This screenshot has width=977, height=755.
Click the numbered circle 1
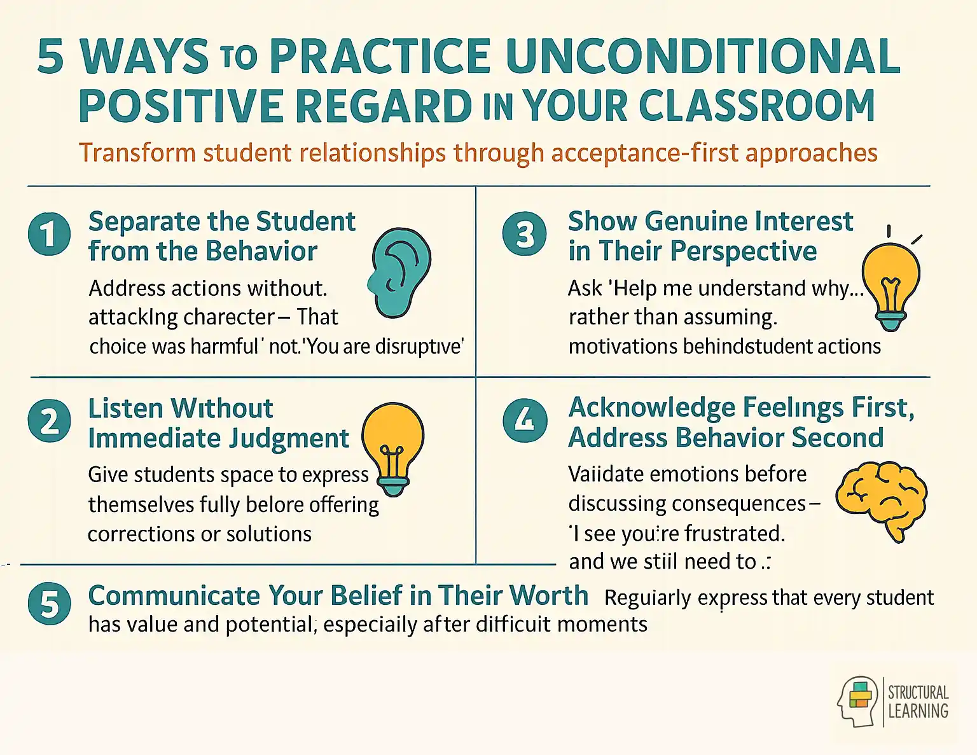(49, 233)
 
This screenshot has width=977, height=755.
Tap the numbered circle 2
(49, 421)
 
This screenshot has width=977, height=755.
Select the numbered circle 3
(524, 233)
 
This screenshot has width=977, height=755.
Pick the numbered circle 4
(525, 420)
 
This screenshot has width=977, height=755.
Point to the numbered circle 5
(49, 604)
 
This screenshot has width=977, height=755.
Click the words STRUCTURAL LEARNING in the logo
(918, 702)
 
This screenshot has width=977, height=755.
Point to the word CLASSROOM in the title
(756, 106)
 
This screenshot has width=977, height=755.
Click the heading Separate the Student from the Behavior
(221, 236)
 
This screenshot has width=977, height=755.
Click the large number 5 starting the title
(51, 57)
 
